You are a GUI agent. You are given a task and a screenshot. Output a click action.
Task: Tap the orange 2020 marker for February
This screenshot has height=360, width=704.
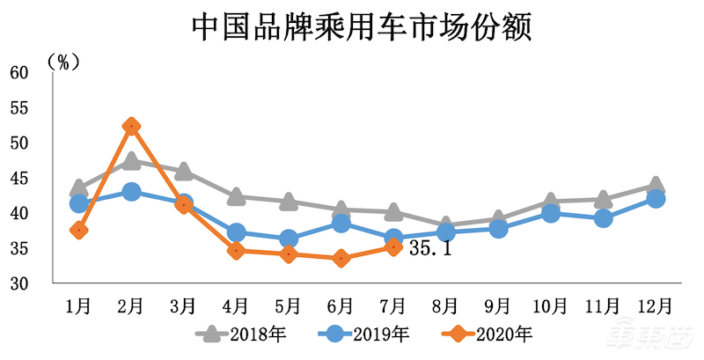(x=131, y=127)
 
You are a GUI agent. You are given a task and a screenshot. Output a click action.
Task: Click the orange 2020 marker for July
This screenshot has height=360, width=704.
(x=393, y=247)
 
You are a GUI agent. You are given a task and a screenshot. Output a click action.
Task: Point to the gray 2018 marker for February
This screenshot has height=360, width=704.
(x=131, y=161)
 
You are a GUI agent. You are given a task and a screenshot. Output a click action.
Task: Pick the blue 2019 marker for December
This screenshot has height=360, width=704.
(x=655, y=199)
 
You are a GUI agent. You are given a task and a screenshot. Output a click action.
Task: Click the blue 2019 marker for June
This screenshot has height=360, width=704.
(x=341, y=224)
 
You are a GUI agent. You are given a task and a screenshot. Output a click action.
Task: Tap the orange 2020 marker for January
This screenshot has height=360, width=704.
(x=78, y=231)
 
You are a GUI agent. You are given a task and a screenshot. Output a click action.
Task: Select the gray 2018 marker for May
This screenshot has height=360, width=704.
(x=289, y=202)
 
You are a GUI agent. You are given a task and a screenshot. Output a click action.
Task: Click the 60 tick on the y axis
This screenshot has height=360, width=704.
(x=19, y=72)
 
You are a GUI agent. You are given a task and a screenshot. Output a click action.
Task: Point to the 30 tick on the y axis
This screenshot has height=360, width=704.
(x=19, y=284)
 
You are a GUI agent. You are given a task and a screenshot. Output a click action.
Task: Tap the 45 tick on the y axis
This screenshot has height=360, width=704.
(x=19, y=179)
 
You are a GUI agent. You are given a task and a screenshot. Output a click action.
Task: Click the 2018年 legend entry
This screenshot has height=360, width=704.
(x=239, y=334)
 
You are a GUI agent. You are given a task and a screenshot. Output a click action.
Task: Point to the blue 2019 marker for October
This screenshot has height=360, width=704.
(x=550, y=213)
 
